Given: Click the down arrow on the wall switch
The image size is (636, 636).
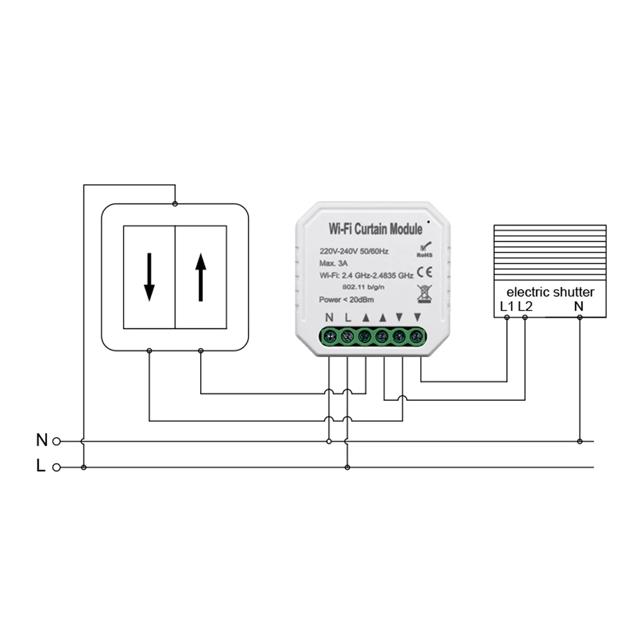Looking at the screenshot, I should coord(149,277).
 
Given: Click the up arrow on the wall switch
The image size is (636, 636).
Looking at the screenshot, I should coord(201,277).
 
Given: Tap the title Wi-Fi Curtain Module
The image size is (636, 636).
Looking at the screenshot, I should coord(375,228).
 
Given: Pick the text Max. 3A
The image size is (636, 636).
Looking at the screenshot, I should coord(333,263).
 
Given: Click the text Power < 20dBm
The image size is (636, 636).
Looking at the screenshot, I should coord(347,299).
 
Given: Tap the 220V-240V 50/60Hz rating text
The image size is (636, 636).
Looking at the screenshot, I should coord(354,251).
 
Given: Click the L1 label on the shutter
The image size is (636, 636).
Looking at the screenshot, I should coord(506,307).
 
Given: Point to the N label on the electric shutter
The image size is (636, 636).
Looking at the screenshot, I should coord(579,307).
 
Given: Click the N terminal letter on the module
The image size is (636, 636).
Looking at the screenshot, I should coord(329,317).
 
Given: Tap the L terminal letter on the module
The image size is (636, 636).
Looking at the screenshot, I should coord(347,317).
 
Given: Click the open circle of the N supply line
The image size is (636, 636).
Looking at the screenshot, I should coord(56,440).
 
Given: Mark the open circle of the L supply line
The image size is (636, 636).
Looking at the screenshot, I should coord(56,468).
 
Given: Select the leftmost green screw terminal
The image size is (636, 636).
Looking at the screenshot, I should coord(330,336).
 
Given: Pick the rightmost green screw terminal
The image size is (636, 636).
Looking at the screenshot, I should coord(416,336).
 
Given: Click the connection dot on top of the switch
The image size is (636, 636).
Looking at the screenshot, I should coord(175,203).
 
